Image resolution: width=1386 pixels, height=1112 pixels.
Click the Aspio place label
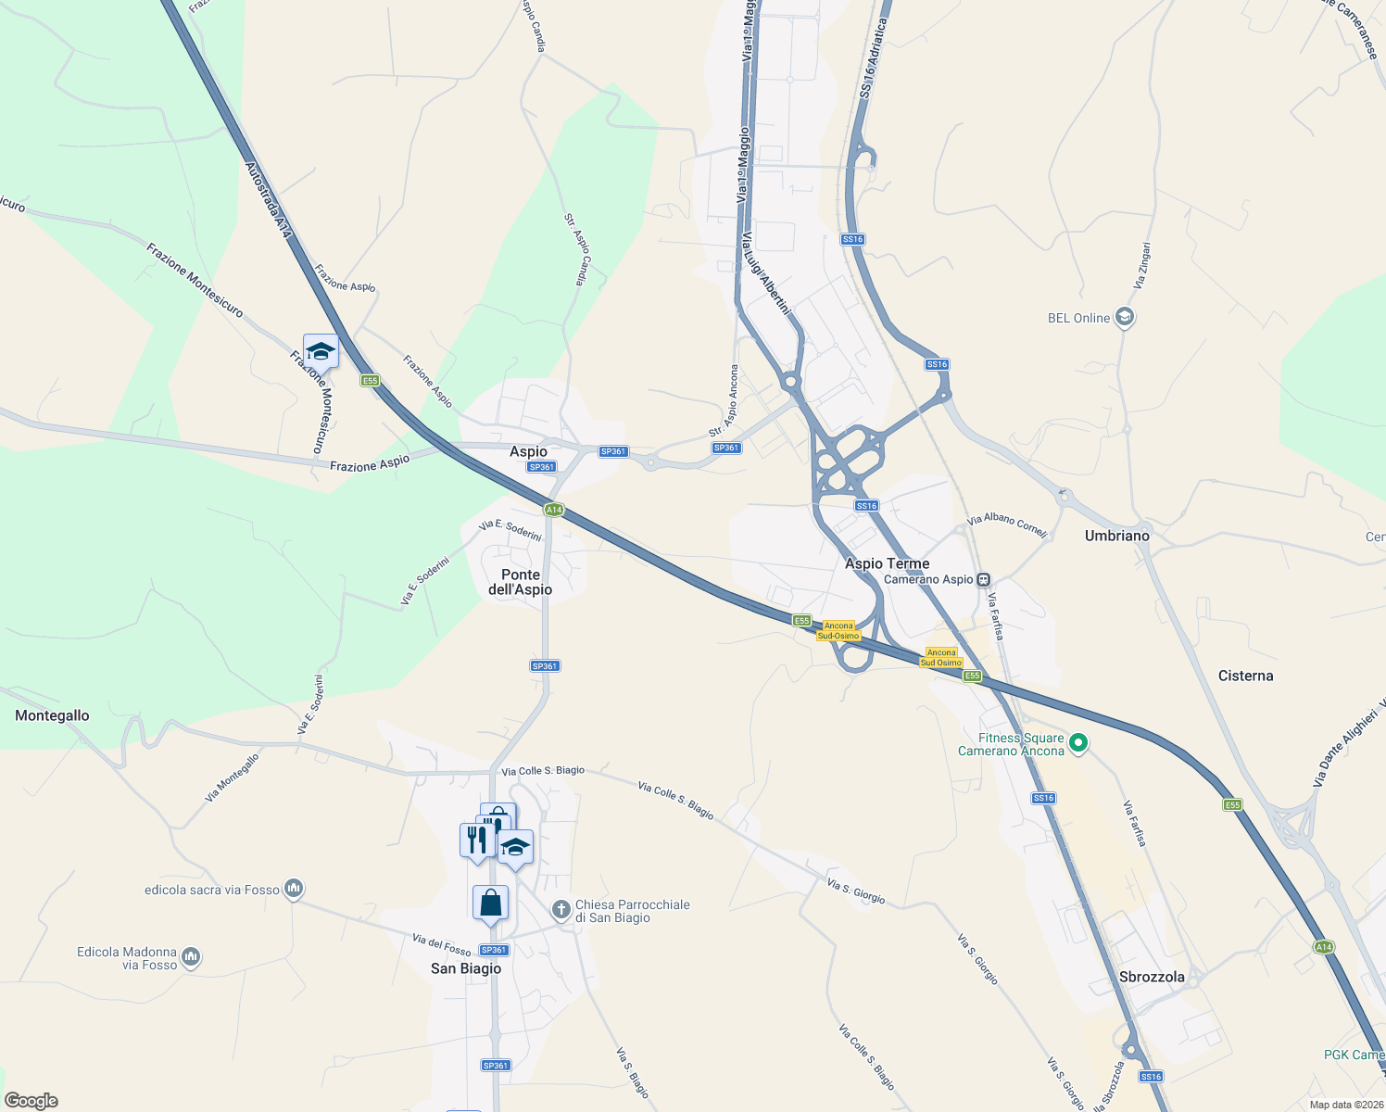pos(528,451)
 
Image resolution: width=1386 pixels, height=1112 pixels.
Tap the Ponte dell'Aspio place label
pos(520,582)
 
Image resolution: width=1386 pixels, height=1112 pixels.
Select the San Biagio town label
pos(466,968)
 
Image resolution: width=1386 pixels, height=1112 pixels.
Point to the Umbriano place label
pos(1116,536)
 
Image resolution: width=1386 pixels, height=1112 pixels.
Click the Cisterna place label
pos(1245,676)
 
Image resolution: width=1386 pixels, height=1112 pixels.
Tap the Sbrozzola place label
pos(1152,977)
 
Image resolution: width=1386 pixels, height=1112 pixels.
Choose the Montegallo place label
pos(52,715)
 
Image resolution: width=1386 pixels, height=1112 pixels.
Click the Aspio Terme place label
pos(887,563)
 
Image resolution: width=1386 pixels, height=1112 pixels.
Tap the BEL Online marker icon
pos(1125,318)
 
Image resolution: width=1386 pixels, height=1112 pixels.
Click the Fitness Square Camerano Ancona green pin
pos(1077,743)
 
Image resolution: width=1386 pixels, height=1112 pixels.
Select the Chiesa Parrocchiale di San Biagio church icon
pos(561,910)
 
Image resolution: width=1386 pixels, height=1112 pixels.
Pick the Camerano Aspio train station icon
pos(983,580)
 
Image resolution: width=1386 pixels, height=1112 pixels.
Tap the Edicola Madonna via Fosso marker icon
pos(191,957)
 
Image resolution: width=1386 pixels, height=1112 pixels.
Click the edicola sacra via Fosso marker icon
pos(294,890)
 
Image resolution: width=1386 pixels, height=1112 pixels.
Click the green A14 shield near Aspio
pos(553,510)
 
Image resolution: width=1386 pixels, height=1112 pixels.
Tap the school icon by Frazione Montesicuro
pos(321,351)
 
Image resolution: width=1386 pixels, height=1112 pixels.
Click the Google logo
pos(31,1101)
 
